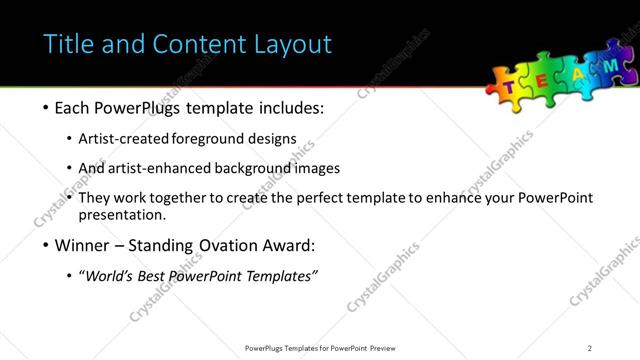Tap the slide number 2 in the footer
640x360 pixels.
pyautogui.click(x=590, y=348)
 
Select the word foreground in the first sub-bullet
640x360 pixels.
pyautogui.click(x=212, y=138)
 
